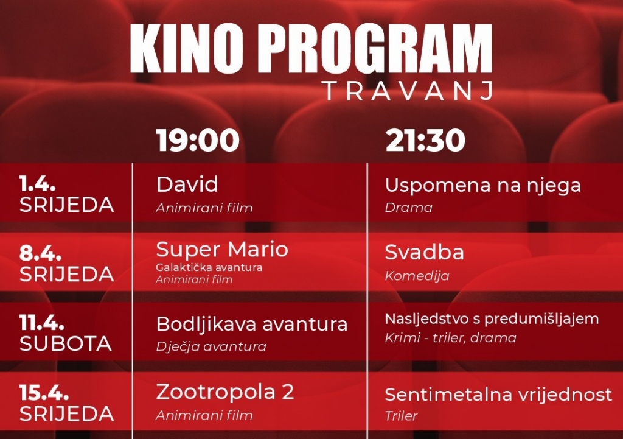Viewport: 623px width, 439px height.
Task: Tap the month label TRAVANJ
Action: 407,91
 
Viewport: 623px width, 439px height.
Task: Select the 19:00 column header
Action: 198,141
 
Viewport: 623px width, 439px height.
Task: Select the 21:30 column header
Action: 425,141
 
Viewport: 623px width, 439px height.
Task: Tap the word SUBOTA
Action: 66,344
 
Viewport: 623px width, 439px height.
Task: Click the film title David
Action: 187,184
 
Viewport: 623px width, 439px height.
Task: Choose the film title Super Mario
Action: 222,249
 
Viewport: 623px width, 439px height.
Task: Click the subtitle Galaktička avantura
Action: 209,267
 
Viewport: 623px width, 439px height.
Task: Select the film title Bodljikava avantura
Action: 252,324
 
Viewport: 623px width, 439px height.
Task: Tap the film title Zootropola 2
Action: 225,392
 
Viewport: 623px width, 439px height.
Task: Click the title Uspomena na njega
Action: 482,185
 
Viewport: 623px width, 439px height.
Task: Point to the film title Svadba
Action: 424,252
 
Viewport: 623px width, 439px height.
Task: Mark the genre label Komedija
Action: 417,276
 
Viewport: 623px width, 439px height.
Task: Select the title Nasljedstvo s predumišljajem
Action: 492,318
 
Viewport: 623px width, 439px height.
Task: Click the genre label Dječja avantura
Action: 211,346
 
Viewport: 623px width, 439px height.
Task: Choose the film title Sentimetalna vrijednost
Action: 498,394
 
